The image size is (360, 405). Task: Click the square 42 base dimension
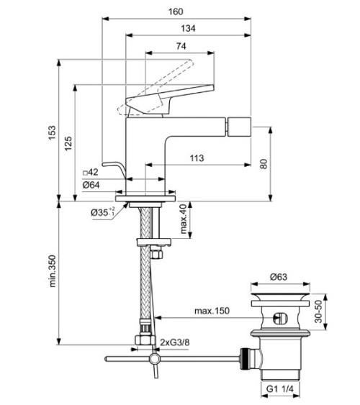(90, 173)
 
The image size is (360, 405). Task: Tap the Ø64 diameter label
(91, 185)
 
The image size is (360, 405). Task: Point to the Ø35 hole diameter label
(104, 213)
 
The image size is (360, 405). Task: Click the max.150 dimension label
(212, 311)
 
